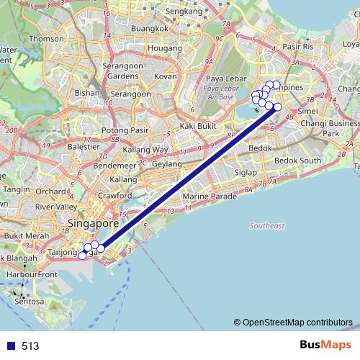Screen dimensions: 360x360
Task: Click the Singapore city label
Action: (x=94, y=223)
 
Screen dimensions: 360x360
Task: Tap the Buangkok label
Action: (x=150, y=29)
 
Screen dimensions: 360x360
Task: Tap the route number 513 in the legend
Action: (x=30, y=346)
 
